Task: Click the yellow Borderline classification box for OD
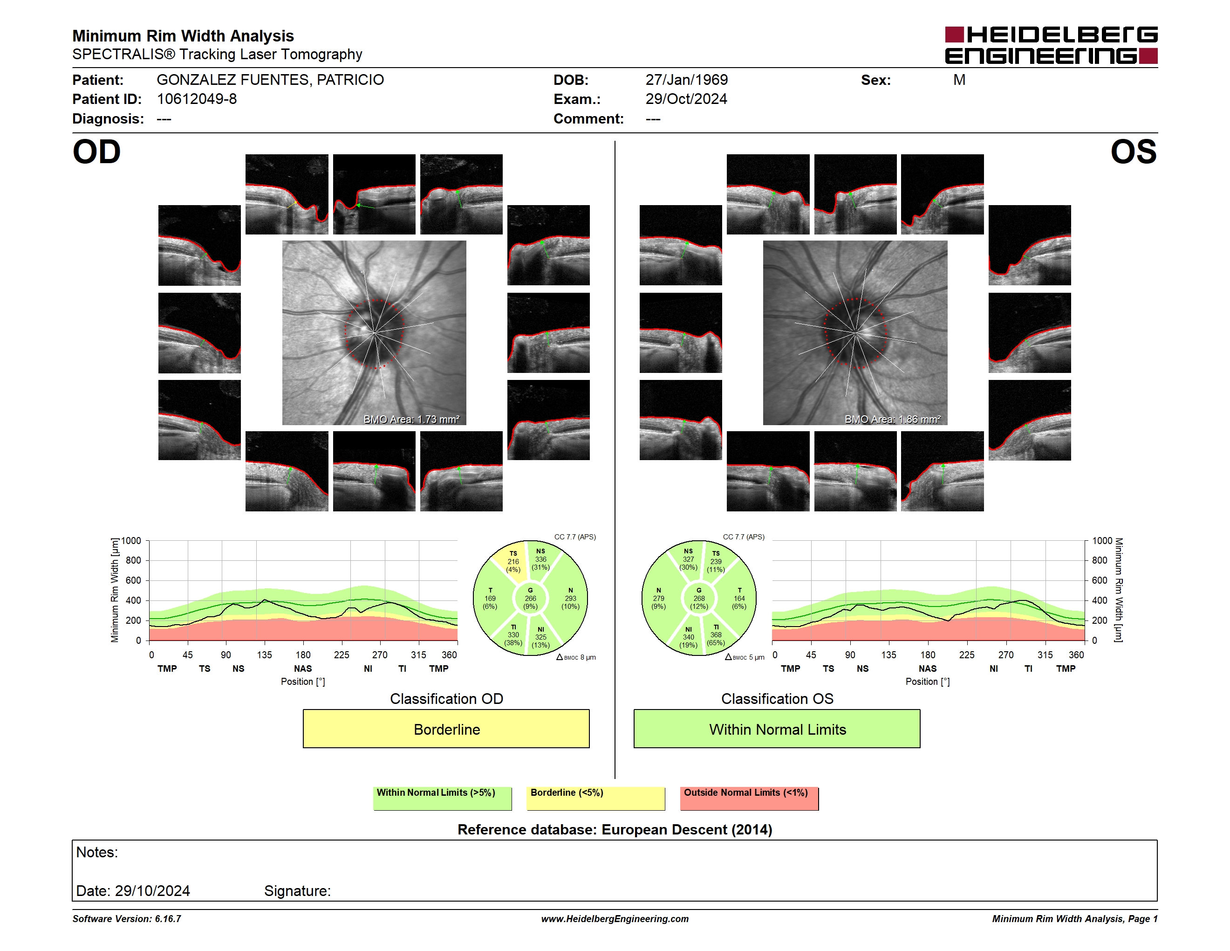446,729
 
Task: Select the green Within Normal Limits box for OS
777,729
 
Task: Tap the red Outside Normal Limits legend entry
749,798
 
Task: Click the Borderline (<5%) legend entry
595,798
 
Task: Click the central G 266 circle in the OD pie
530,598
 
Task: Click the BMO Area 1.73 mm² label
411,419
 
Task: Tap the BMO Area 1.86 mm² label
892,419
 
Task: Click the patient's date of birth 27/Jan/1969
687,80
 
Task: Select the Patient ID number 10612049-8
197,99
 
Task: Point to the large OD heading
97,152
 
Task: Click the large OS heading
1133,152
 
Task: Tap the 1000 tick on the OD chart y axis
131,540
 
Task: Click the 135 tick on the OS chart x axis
888,655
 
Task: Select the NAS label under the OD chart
303,668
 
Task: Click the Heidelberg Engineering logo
1051,45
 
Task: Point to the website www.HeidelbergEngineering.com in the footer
615,919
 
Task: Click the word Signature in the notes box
297,891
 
